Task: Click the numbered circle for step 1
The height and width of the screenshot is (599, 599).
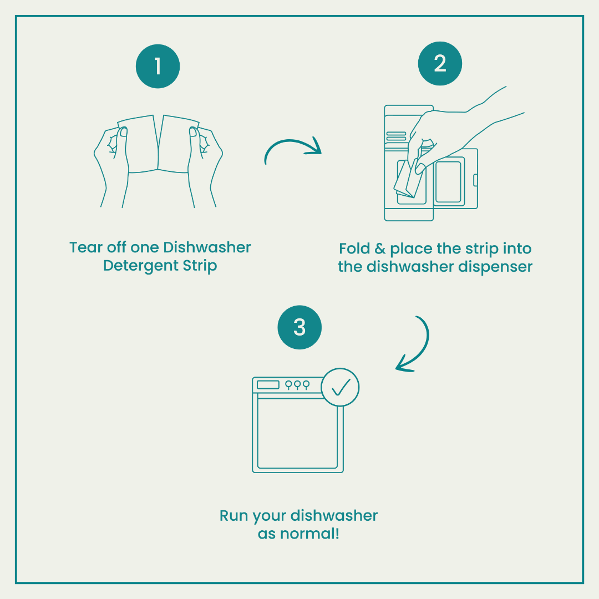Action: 158,66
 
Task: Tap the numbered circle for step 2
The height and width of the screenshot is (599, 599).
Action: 440,63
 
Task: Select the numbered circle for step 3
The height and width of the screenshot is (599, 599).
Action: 299,327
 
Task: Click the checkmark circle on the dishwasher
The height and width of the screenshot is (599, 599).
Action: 340,387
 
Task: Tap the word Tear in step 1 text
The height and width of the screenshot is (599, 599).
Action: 86,247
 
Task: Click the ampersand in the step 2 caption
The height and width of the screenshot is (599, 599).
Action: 380,248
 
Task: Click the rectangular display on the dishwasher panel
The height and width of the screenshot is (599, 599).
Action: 268,384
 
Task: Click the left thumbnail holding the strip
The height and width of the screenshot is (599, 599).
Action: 123,132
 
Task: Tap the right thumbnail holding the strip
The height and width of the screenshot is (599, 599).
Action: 193,132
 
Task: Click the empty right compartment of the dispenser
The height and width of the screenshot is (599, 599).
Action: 449,181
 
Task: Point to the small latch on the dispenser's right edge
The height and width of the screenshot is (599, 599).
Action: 476,180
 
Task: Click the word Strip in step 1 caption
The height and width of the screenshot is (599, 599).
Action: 200,266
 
